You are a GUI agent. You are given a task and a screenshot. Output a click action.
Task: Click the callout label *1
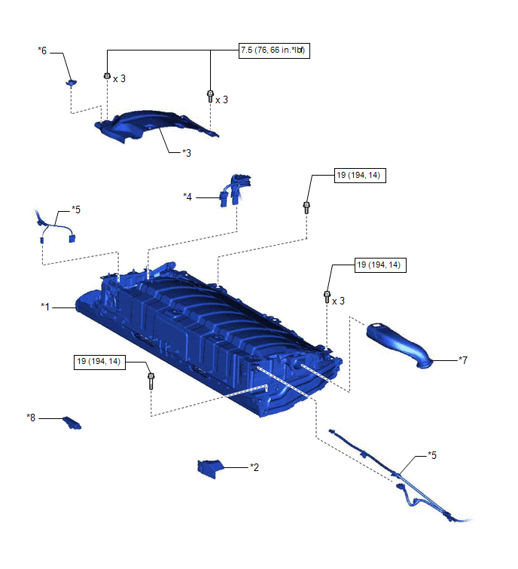[x=46, y=307]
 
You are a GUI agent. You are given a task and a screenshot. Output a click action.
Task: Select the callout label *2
[x=255, y=467]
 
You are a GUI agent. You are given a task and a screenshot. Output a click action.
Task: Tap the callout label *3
[x=187, y=152]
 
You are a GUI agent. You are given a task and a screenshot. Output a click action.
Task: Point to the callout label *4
[x=188, y=197]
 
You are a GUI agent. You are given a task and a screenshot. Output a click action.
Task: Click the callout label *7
[x=464, y=360]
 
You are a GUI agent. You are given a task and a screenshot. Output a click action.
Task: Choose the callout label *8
[x=31, y=417]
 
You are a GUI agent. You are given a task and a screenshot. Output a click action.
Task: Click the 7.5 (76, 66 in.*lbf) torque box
[x=274, y=51]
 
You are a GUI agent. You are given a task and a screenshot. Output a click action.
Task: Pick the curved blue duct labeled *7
[x=399, y=345]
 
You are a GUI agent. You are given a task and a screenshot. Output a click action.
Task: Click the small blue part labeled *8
[x=73, y=422]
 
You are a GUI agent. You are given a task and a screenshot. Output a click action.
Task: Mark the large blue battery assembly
[x=211, y=332]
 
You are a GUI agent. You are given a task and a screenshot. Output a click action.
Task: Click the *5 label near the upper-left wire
[x=75, y=208]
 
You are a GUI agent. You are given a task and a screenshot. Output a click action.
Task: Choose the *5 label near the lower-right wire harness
[x=432, y=455]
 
